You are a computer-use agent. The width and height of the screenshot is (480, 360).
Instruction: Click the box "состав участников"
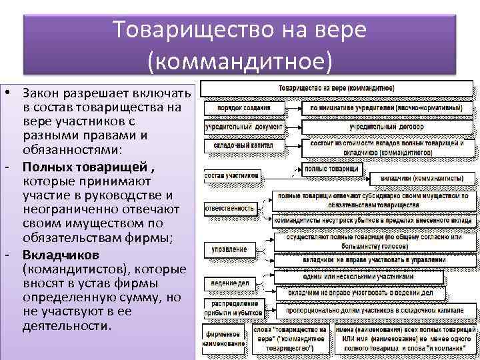tap(231, 176)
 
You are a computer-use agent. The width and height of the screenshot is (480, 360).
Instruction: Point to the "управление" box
tap(229, 250)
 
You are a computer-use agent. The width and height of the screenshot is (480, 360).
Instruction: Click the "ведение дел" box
tap(230, 284)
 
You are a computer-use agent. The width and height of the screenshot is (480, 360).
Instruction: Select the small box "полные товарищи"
tap(331, 169)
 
